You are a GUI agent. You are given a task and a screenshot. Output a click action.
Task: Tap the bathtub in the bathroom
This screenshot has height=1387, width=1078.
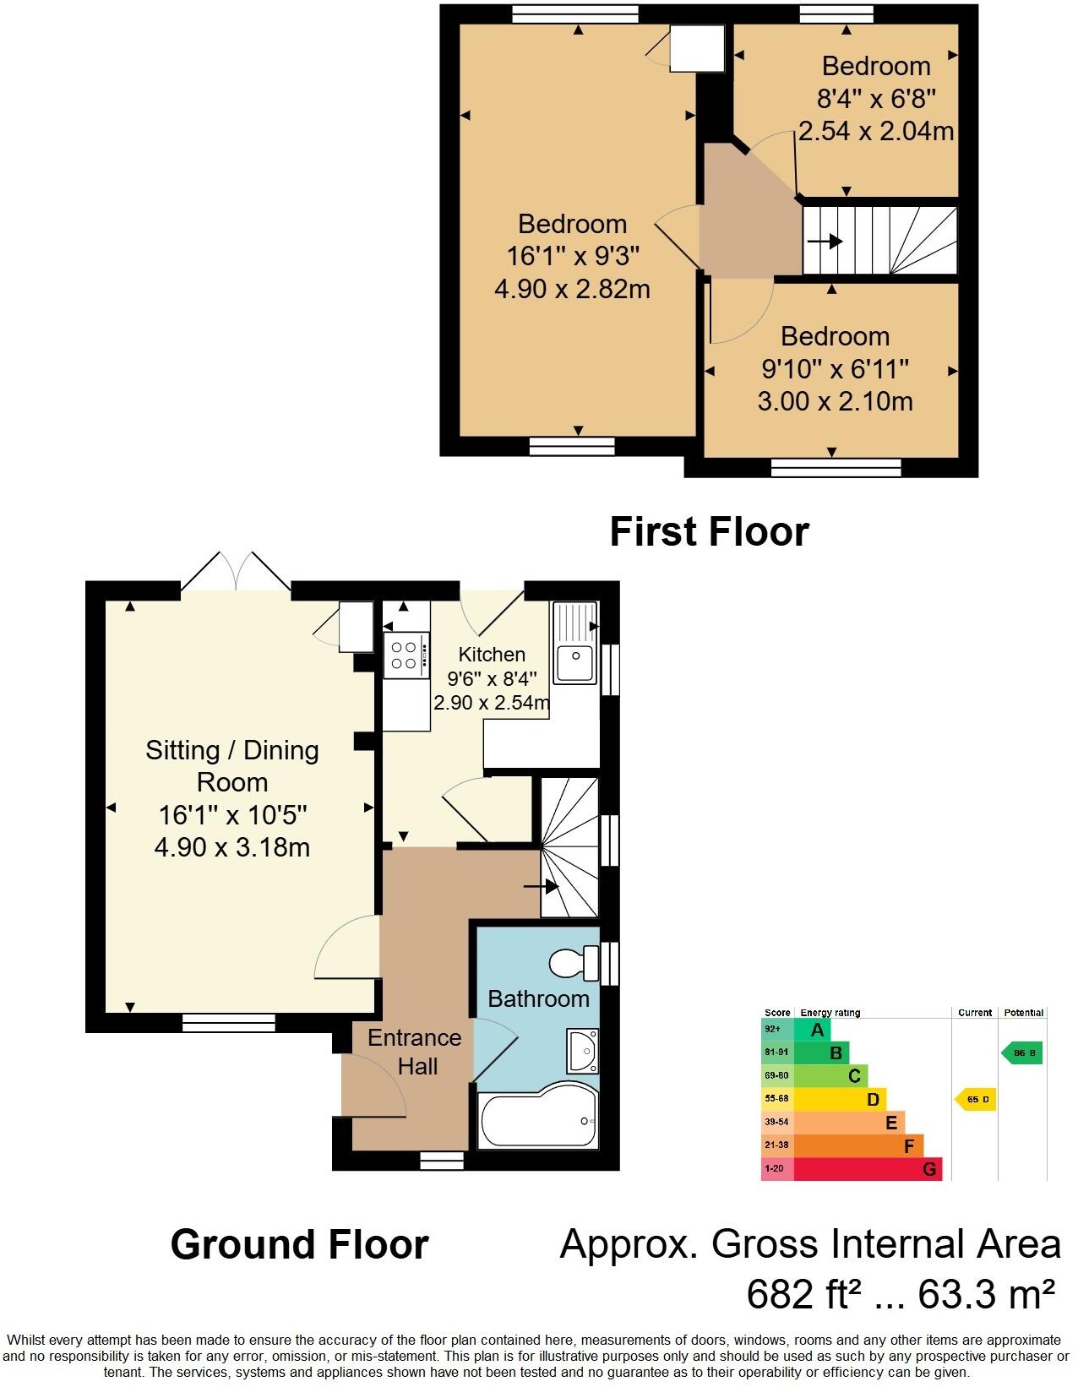538,1120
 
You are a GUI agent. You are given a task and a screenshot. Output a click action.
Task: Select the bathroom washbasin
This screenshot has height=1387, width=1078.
582,1048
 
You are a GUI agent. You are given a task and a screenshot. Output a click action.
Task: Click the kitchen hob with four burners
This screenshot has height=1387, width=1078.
404,655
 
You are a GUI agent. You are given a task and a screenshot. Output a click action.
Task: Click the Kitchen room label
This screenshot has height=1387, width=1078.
492,654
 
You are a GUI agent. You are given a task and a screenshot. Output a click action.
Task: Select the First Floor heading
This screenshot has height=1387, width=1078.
709,532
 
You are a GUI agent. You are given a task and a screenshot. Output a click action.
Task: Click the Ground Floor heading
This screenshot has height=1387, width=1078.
299,1245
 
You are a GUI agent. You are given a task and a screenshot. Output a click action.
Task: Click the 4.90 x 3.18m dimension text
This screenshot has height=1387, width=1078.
231,846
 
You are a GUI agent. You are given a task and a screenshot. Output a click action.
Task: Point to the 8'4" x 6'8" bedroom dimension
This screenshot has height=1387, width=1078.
876,99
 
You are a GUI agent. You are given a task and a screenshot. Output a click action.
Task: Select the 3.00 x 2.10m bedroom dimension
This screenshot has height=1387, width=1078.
835,400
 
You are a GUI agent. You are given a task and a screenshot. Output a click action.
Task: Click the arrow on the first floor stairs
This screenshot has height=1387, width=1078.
825,242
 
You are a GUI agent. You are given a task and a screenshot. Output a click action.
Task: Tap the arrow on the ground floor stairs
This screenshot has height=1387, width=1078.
542,887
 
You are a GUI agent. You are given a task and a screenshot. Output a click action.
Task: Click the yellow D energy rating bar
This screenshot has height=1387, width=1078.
839,1099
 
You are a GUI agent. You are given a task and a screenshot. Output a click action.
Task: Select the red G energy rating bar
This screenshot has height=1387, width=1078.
867,1169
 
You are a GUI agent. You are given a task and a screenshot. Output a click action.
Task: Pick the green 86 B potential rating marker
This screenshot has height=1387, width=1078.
1022,1053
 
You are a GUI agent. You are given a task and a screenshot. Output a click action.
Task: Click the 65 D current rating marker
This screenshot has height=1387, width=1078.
976,1099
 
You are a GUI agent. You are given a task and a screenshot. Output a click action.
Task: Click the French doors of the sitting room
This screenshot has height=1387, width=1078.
236,572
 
